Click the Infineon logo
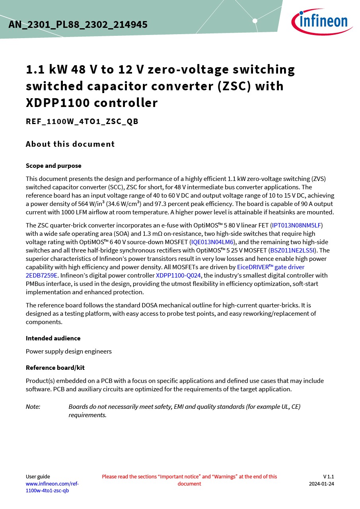click(x=322, y=21)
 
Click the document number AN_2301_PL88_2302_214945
click(x=78, y=25)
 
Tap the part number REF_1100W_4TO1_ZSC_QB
click(x=82, y=122)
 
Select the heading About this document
click(x=70, y=144)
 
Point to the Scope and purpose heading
click(x=53, y=166)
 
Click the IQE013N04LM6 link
click(x=212, y=242)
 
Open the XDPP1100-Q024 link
click(x=179, y=275)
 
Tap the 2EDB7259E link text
click(x=42, y=275)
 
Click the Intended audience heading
click(x=53, y=338)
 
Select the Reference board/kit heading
click(x=55, y=367)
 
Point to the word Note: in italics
click(x=33, y=406)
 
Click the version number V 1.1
click(x=328, y=476)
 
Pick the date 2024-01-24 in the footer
click(x=321, y=484)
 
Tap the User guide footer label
click(x=38, y=476)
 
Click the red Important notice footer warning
click(x=189, y=480)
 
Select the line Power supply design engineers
click(x=68, y=351)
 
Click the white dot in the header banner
click(x=255, y=21)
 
